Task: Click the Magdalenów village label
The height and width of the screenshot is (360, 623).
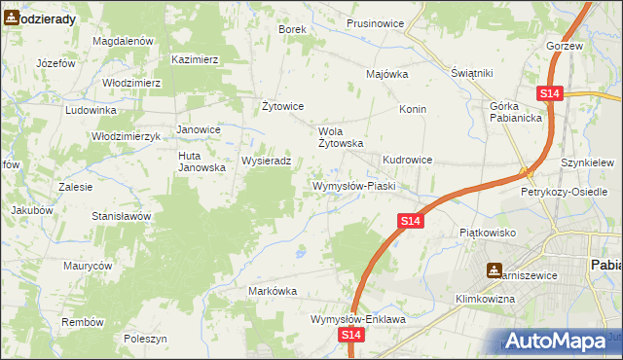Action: coord(123,42)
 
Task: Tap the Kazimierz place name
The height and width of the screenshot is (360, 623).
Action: coord(195,59)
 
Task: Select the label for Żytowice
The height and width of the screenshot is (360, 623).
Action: coord(284,106)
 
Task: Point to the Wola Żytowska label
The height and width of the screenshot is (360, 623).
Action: coord(341,136)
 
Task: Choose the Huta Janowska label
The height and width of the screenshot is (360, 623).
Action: coord(202,161)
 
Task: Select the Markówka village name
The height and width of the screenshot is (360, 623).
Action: coord(273,291)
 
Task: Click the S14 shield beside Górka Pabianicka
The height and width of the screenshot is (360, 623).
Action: coord(549,93)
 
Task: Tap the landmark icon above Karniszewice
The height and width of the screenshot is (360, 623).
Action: coord(495,270)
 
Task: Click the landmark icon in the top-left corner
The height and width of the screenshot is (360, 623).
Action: coord(12,17)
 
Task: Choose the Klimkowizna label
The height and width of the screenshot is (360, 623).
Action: coord(484,299)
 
